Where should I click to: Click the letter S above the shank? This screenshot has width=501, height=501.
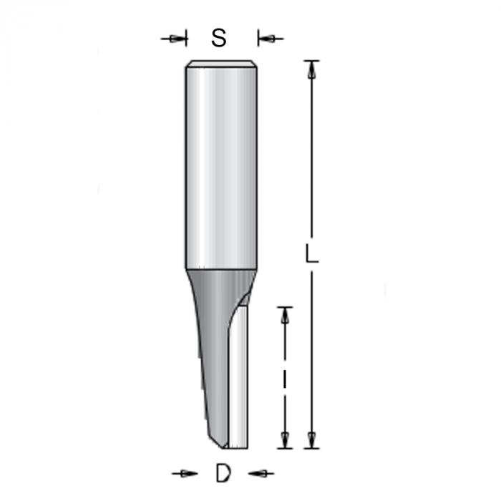(x=219, y=38)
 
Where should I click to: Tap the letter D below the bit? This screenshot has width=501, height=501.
(x=223, y=473)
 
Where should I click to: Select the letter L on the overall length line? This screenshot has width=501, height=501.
(x=311, y=253)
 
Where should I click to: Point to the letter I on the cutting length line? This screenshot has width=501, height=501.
(x=284, y=378)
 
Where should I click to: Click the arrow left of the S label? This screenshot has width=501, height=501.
(x=173, y=39)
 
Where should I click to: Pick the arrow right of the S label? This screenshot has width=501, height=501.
(x=271, y=39)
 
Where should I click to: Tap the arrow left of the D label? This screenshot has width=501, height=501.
(x=185, y=473)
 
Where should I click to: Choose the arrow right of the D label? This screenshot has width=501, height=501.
(x=261, y=473)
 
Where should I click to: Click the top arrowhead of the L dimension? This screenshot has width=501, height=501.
(x=311, y=69)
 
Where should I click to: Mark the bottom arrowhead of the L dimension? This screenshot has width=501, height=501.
(x=311, y=439)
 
